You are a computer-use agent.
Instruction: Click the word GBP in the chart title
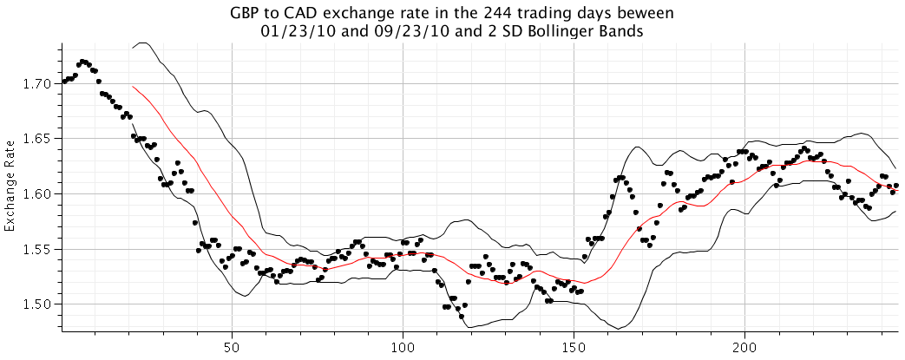[246, 14]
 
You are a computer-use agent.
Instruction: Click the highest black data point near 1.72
[82, 62]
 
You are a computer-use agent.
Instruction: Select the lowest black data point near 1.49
[462, 317]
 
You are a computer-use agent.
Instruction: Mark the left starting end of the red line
[132, 86]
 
